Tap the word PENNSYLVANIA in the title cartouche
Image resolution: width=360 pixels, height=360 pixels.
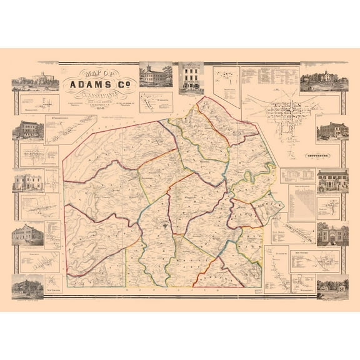point(100,96)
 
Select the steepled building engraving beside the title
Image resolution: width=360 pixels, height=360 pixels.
point(156,75)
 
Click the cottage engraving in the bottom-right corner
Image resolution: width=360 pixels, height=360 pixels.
point(332,287)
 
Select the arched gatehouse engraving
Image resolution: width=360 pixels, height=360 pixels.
point(332,233)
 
